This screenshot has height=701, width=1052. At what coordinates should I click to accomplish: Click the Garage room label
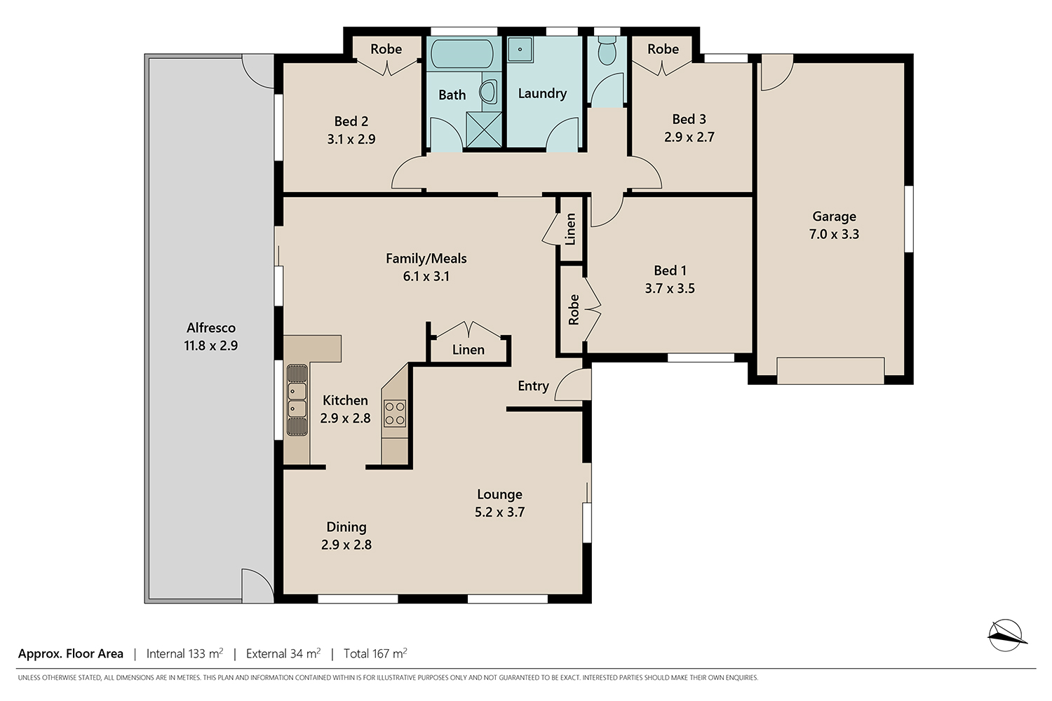pos(834,217)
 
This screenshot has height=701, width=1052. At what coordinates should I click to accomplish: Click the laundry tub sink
pos(520,49)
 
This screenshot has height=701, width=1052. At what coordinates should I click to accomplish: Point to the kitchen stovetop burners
pos(394,413)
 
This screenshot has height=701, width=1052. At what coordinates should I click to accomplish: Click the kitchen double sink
pos(297,400)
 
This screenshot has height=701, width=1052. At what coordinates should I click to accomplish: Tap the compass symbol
pos(1006,635)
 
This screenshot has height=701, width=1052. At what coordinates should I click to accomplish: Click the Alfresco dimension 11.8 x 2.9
pos(211,346)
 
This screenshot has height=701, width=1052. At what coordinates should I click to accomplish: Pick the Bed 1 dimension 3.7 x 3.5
pos(670,288)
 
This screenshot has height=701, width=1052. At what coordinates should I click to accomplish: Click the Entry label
pos(534,386)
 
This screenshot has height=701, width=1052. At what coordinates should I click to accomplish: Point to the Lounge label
pos(499,494)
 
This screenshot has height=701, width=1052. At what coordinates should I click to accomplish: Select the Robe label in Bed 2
pos(386,49)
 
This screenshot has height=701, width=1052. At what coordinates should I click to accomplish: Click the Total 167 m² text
pos(375,653)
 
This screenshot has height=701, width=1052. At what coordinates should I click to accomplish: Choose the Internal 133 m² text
pos(184,653)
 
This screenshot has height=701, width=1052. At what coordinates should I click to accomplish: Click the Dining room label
pos(346,527)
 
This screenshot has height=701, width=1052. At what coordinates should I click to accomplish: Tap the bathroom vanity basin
pos(489,91)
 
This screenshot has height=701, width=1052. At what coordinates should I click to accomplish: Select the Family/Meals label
pos(426,259)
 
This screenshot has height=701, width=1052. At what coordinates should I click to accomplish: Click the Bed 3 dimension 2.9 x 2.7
pos(689,137)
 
